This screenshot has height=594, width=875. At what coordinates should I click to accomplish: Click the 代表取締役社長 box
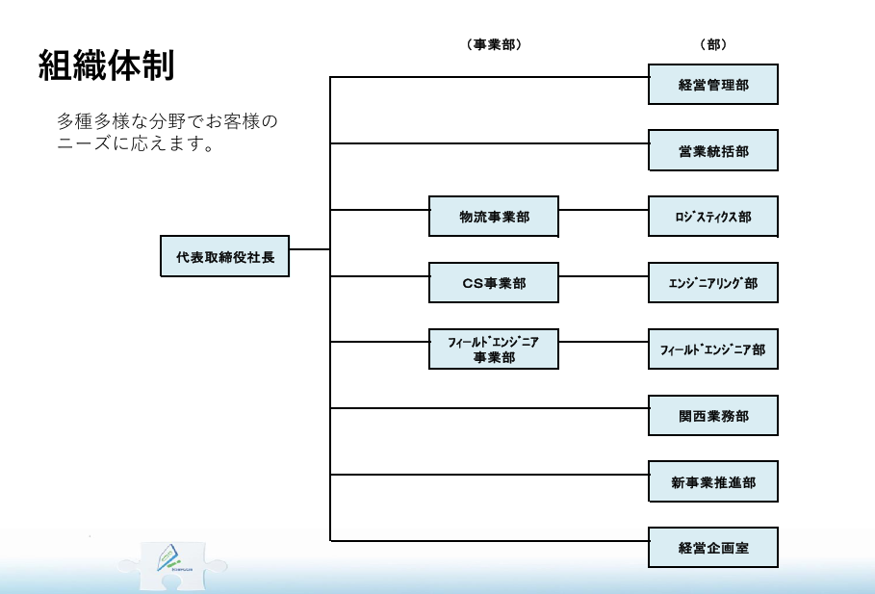click(x=225, y=257)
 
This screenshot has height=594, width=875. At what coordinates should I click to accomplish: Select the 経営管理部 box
click(x=712, y=85)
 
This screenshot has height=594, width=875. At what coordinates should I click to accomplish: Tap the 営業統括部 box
click(x=712, y=151)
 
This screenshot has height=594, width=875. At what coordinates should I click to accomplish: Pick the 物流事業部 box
click(x=493, y=217)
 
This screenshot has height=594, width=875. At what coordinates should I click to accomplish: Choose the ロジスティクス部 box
click(x=712, y=217)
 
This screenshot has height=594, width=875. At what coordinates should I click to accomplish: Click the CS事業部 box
click(x=493, y=283)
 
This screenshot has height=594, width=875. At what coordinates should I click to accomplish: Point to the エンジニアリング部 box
click(x=712, y=283)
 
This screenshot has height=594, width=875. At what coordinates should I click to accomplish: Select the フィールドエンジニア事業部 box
click(x=493, y=349)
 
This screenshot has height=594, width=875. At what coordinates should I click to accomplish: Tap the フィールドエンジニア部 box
click(x=712, y=349)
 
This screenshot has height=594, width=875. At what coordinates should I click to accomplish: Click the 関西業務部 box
click(x=712, y=415)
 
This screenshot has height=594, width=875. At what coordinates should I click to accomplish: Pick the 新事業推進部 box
click(x=712, y=481)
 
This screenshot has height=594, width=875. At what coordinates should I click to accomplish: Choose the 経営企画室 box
click(x=712, y=548)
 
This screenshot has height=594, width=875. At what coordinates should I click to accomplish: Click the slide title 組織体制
click(x=106, y=65)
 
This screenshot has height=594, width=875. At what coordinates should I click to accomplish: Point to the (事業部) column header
click(x=493, y=44)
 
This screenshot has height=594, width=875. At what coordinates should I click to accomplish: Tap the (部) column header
click(x=712, y=44)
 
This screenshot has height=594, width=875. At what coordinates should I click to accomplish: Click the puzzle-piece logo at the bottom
click(x=172, y=562)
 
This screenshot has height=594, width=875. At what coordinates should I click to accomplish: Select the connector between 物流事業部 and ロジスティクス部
click(x=604, y=210)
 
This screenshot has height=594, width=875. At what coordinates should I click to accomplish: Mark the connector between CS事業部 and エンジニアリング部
click(x=604, y=276)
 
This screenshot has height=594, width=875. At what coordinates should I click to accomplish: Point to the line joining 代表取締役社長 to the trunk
click(x=309, y=249)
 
